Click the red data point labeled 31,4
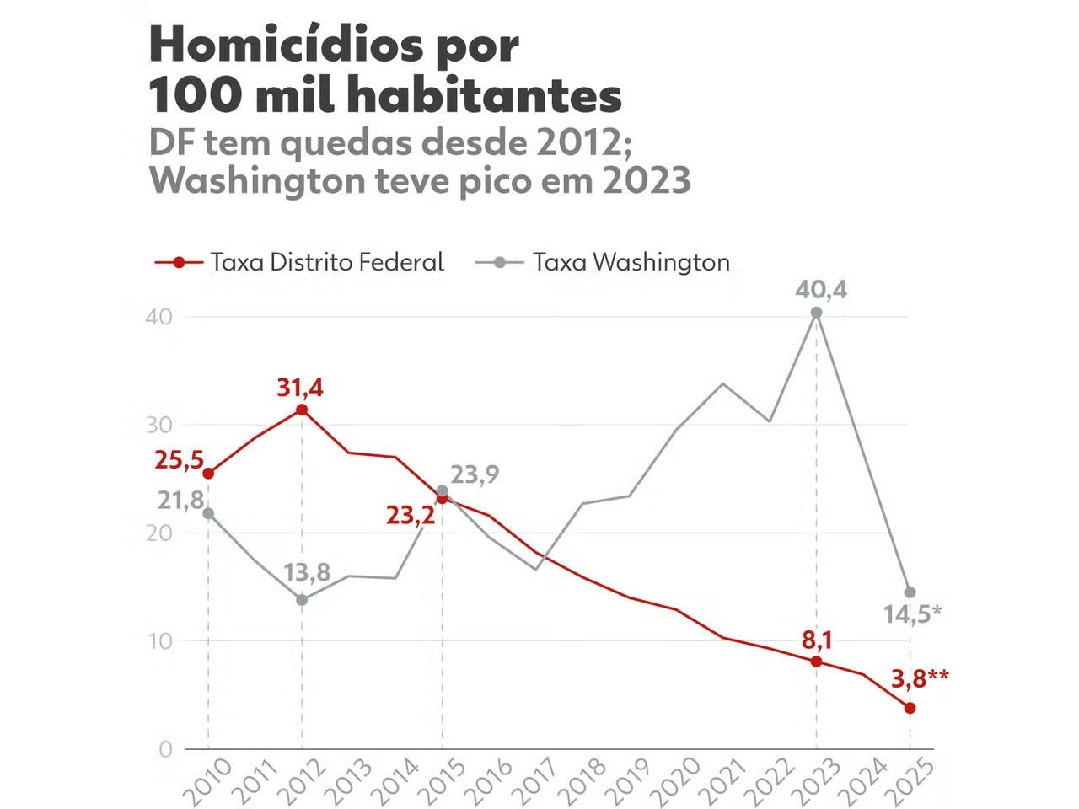302,410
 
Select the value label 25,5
179,460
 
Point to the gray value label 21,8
180,501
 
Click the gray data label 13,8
306,573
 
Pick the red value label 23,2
411,515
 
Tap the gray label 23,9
475,474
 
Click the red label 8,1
817,640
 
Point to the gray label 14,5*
912,614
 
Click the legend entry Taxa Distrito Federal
326,262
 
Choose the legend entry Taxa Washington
631,262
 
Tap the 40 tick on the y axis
158,317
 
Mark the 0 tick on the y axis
165,749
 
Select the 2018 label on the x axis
582,780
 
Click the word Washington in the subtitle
256,180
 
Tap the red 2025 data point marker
910,708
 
